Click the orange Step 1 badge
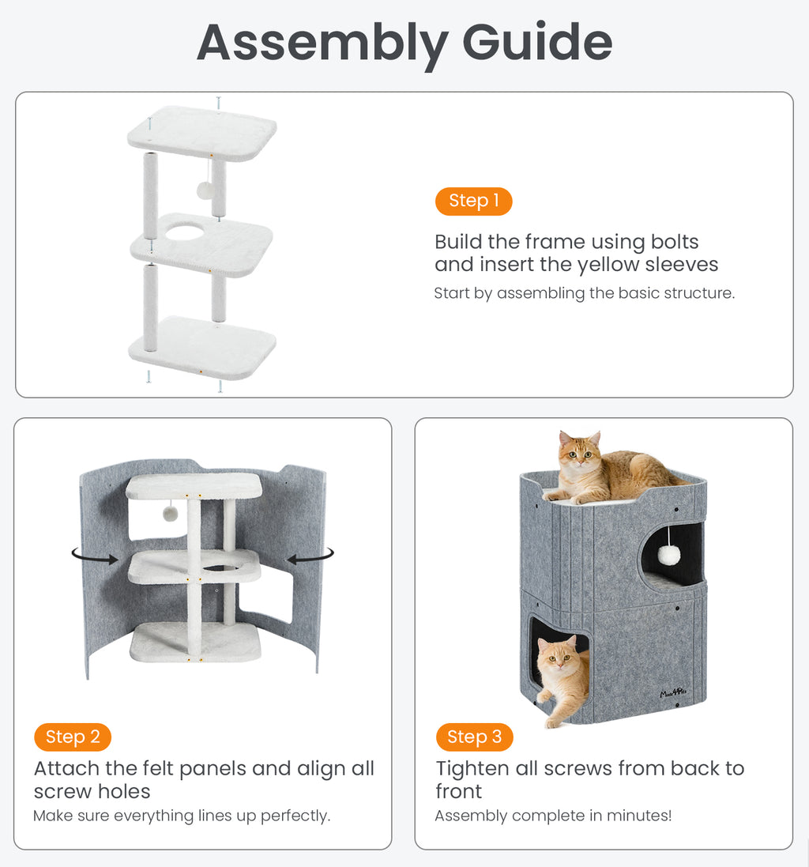tap(473, 202)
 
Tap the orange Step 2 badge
tap(73, 737)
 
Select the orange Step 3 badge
tap(474, 737)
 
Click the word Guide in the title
tap(537, 43)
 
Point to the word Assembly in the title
tap(322, 45)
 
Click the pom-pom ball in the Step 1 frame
tap(205, 190)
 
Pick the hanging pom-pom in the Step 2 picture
tap(170, 514)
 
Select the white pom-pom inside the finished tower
tap(668, 554)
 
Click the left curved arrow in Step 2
tap(95, 555)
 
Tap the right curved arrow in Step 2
tap(311, 556)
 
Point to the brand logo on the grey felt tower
tap(674, 693)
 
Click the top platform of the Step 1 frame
tap(202, 133)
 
